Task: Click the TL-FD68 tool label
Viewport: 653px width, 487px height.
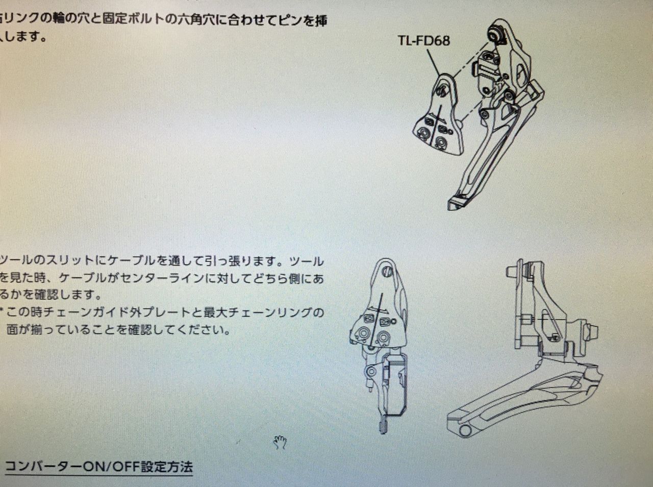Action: click(x=423, y=40)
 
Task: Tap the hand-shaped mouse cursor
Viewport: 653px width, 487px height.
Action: click(x=279, y=442)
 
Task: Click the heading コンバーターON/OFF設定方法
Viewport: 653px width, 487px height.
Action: click(x=98, y=467)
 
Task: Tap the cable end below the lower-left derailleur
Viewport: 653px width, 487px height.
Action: click(x=383, y=426)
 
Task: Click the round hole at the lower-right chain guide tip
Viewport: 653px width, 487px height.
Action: click(x=464, y=430)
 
